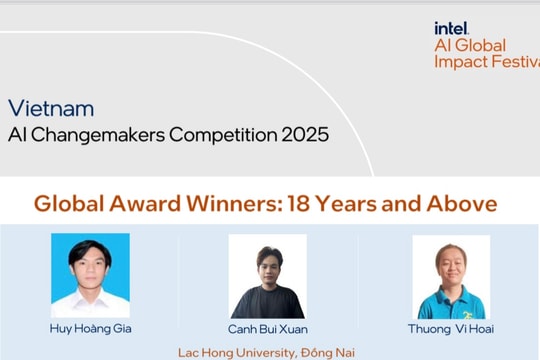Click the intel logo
coord(451,28)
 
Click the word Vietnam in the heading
coord(51,108)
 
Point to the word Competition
coord(218,133)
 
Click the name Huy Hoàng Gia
coord(90,328)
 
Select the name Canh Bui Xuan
coord(267,329)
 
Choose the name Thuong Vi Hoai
coord(450,328)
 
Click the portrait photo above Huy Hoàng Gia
coord(90,275)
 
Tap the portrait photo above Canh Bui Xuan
coord(267,276)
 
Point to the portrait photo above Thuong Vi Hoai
coord(451,276)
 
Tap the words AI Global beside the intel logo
coord(470,45)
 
